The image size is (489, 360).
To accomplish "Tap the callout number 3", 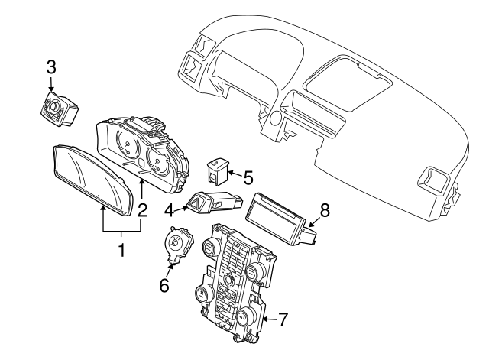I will pyautogui.click(x=50, y=66).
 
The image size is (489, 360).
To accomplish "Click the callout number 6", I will pyautogui.click(x=163, y=284).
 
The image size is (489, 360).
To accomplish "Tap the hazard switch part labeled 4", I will pyautogui.click(x=211, y=204).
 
